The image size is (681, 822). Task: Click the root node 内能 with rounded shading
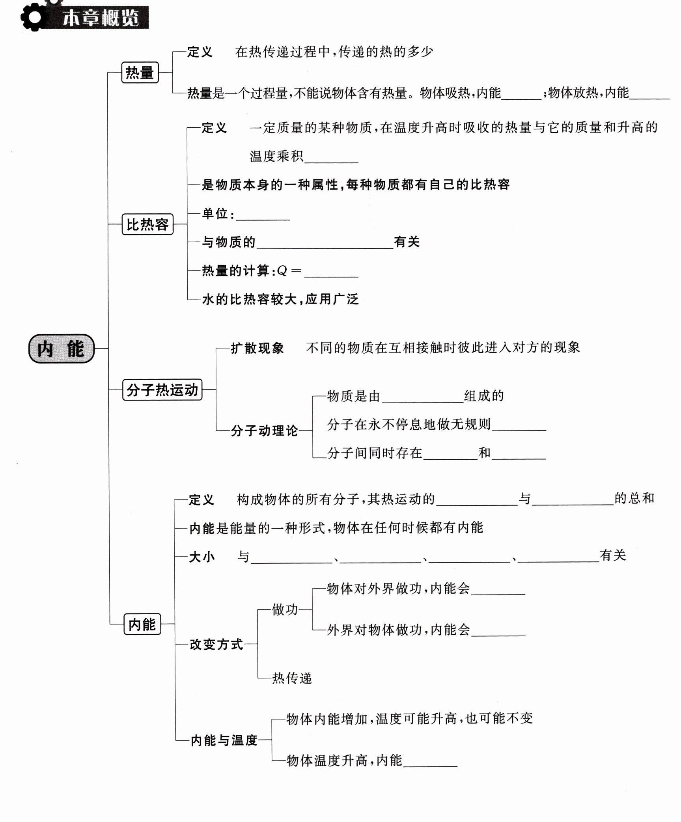(x=62, y=349)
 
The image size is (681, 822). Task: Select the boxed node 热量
(x=140, y=73)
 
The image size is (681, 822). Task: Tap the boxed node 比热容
(x=147, y=224)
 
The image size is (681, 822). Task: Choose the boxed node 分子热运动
(x=162, y=390)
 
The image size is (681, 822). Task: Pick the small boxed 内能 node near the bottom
(x=142, y=624)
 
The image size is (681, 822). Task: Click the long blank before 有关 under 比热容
(x=325, y=243)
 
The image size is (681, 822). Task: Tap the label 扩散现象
(x=257, y=348)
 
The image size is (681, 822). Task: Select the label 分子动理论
(x=264, y=431)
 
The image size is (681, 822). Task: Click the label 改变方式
(x=216, y=644)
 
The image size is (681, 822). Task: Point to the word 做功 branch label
(x=285, y=610)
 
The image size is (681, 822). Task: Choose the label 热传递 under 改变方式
(x=292, y=678)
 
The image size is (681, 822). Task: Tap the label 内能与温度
(x=224, y=740)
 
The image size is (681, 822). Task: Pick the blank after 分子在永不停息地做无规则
(x=519, y=426)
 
